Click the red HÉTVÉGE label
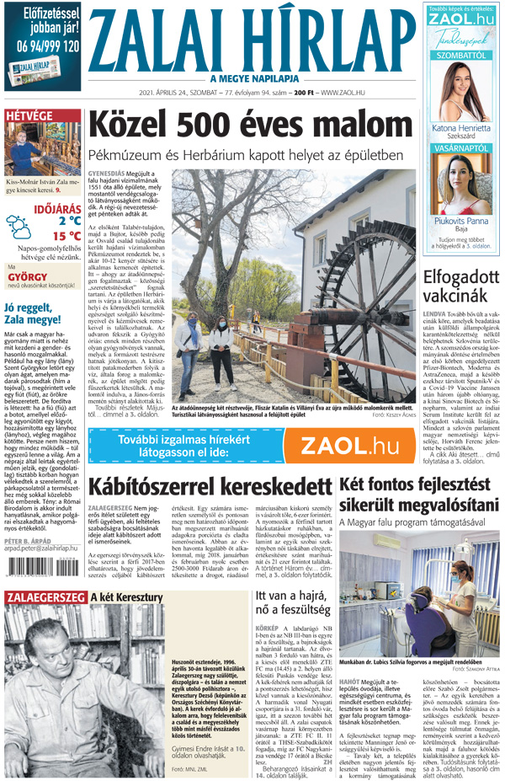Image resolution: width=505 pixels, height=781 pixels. coord(29,115)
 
